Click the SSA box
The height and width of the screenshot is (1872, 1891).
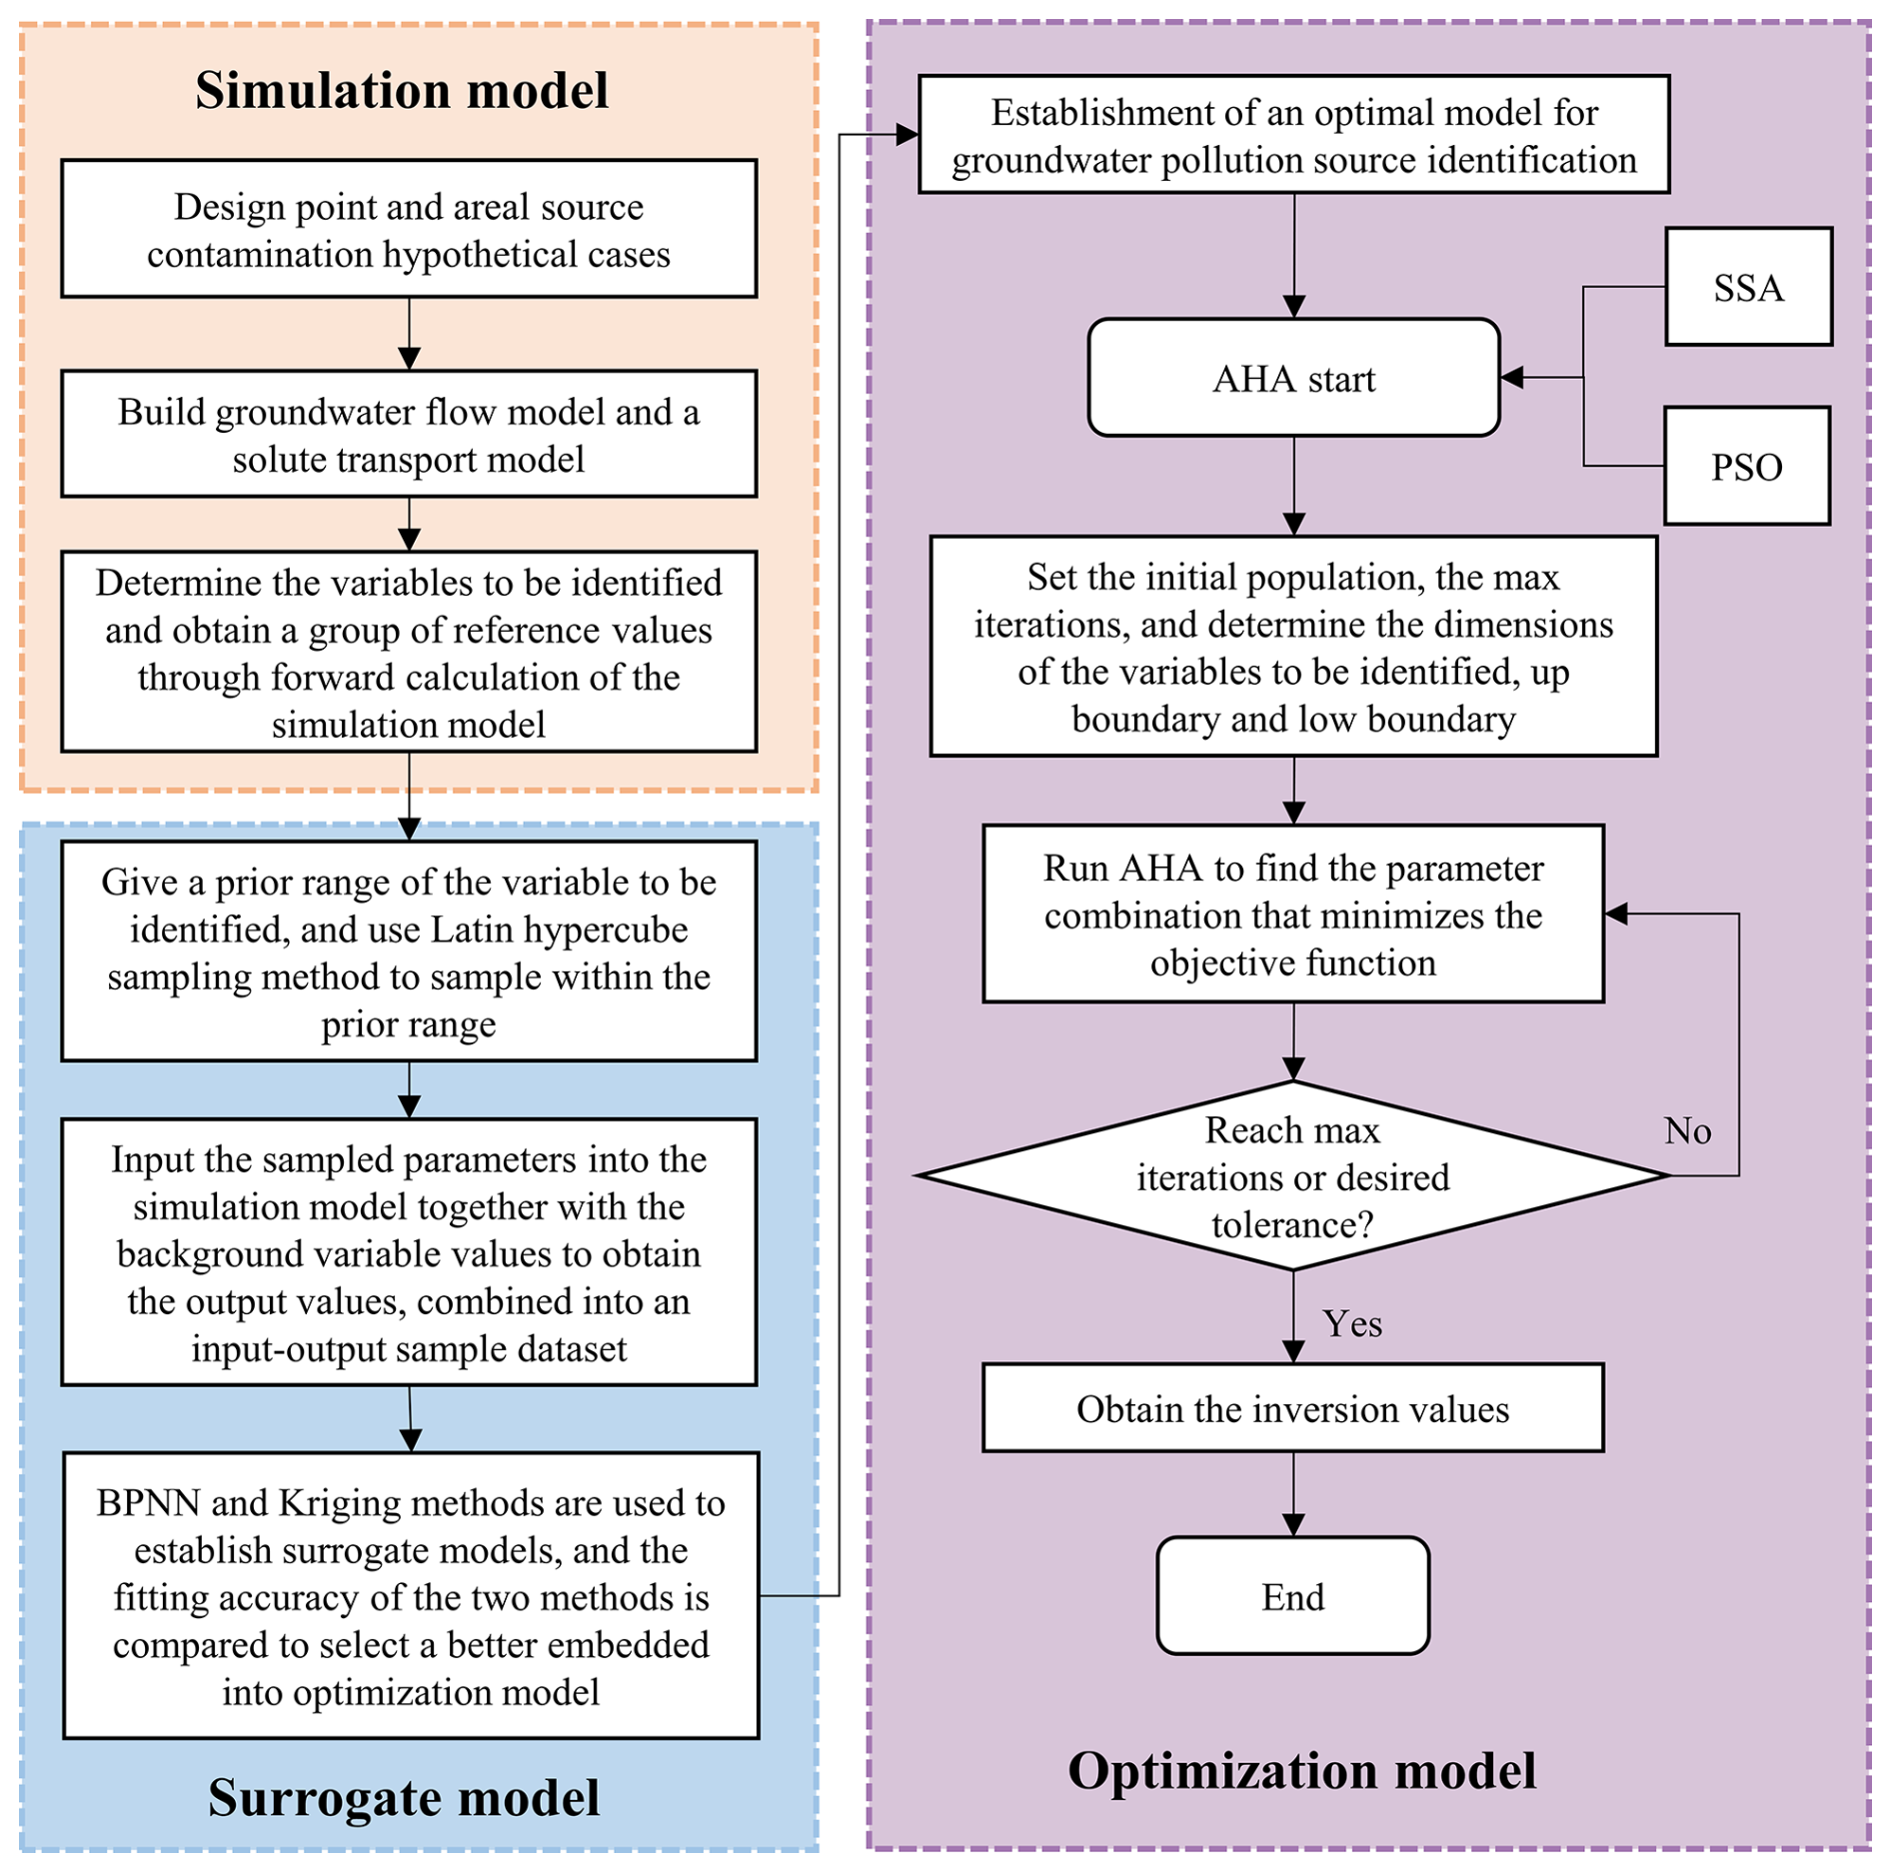1747,287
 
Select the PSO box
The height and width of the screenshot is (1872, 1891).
1746,466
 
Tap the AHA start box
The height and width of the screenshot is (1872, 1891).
1293,378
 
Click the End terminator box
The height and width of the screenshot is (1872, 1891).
1292,1596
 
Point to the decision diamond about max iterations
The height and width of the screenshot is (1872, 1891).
1292,1176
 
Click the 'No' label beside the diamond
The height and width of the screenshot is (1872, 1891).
1687,1130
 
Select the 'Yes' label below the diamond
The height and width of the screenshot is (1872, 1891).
1352,1323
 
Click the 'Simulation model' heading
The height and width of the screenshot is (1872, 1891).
402,90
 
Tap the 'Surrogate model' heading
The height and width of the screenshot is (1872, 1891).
404,1797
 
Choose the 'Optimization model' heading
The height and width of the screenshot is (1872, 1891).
1301,1770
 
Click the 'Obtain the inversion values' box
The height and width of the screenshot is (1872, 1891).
1292,1408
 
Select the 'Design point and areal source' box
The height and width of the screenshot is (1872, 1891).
409,230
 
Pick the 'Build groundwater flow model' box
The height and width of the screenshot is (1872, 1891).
409,435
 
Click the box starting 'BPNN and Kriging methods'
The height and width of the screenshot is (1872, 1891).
411,1596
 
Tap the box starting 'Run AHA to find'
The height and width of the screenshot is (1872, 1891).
1292,915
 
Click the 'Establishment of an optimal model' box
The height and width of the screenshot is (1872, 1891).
1293,135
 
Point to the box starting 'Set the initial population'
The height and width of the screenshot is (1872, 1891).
1293,647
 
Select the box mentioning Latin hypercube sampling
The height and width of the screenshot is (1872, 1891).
409,951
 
